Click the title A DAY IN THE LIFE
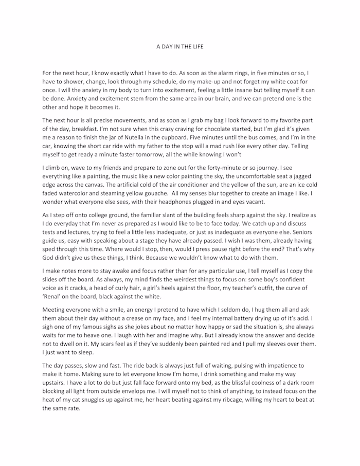(x=180, y=46)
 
